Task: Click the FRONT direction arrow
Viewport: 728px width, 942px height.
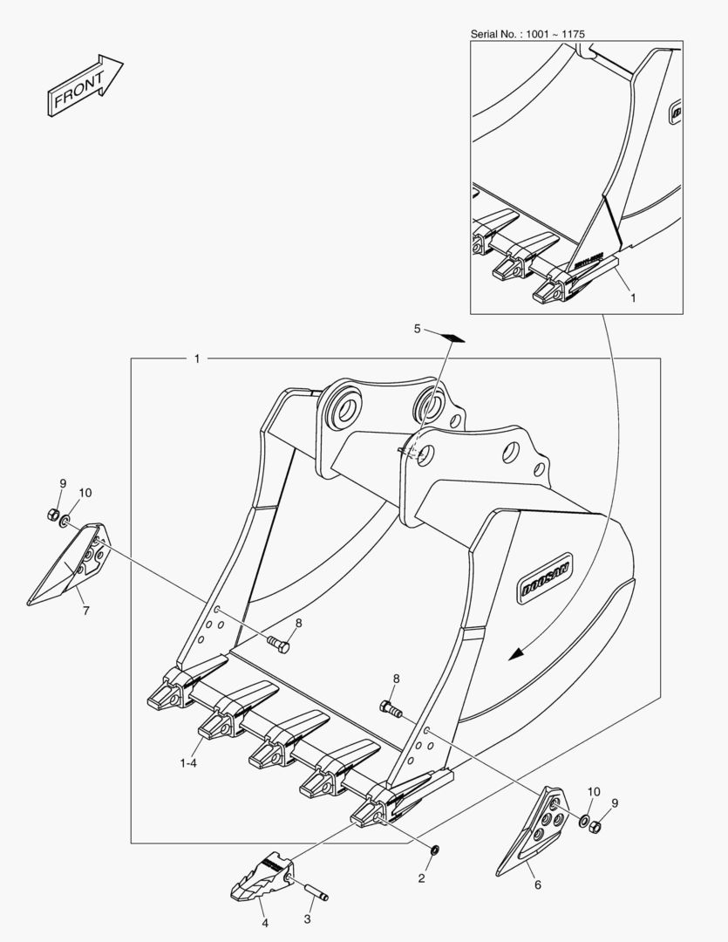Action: (84, 85)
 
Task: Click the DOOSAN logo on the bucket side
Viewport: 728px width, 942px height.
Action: (546, 577)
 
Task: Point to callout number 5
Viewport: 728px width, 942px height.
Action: (418, 329)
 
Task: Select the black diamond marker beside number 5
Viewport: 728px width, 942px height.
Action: (455, 338)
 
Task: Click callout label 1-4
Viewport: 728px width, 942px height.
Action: (188, 763)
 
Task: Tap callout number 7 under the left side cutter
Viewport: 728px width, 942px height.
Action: (86, 611)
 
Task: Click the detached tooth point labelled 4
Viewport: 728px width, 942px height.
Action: (262, 877)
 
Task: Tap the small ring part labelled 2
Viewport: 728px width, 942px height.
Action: (435, 850)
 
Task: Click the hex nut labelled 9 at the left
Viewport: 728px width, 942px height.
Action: (52, 515)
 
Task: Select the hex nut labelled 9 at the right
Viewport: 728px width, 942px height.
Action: (595, 827)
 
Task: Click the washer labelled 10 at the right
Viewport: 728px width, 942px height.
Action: (584, 820)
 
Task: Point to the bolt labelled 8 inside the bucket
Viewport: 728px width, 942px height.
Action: (279, 644)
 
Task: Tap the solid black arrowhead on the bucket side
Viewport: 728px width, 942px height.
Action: (517, 653)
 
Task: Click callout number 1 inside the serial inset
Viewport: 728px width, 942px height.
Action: (632, 297)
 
